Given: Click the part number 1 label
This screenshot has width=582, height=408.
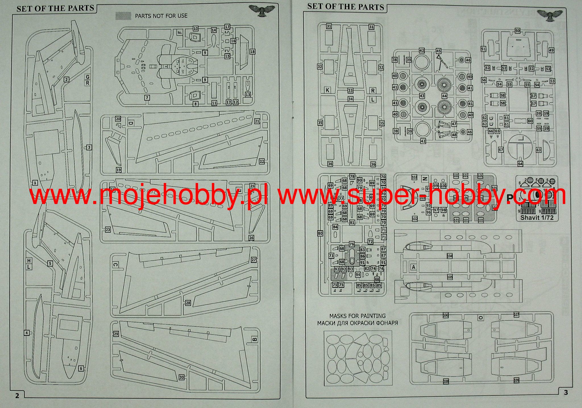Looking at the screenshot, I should tap(35, 183).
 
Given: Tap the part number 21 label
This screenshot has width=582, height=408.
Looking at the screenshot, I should tap(257, 121).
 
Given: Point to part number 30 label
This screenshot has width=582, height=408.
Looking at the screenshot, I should tap(182, 377).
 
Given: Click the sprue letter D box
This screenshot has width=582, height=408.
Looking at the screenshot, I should tap(130, 123).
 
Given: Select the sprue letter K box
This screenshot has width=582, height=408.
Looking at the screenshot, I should tap(328, 90).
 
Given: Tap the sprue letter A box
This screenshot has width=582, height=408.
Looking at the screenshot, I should tap(413, 267).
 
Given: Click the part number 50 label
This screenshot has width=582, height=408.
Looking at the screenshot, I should tap(517, 31).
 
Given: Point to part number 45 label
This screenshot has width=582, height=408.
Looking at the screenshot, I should tap(438, 51).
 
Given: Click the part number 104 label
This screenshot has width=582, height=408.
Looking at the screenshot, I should tap(450, 256).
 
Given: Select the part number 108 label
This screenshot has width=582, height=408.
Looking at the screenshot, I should tap(446, 381).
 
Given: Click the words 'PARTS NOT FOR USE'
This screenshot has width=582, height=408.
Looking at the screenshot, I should tap(161, 16).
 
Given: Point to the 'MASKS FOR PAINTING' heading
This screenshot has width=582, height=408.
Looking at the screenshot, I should tap(357, 316).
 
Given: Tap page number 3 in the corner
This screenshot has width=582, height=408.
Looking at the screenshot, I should tap(566, 392).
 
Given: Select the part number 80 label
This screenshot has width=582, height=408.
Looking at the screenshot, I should tap(320, 234).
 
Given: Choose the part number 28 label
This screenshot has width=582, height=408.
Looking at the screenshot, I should tap(188, 303).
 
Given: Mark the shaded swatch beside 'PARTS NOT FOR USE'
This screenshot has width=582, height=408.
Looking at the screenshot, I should tap(123, 16).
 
